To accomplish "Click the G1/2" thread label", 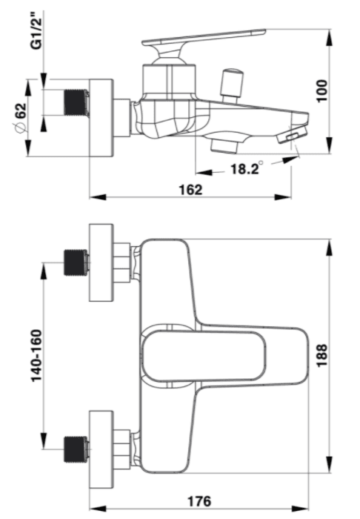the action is [36, 30].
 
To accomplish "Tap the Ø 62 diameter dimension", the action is [21, 118].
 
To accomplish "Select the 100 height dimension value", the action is [321, 91].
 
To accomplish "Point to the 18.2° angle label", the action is [247, 168].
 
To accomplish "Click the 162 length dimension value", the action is [190, 190].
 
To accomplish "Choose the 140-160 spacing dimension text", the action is [36, 356].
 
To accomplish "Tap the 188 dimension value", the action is [321, 355].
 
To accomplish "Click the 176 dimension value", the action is [199, 500].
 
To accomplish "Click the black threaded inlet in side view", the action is [77, 102].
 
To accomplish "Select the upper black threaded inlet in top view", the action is [76, 262].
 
